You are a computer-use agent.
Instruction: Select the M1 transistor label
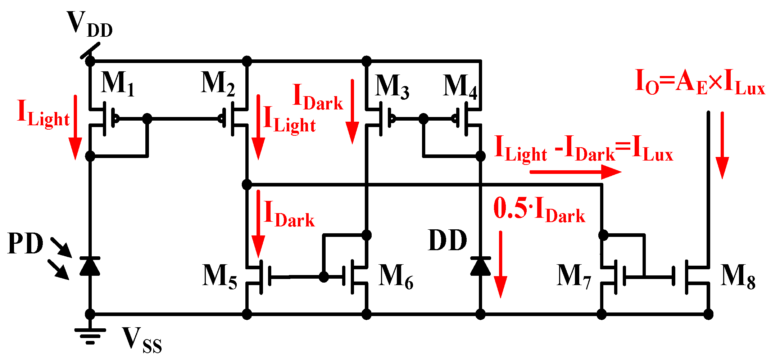[118, 84]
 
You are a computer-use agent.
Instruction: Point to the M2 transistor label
[218, 84]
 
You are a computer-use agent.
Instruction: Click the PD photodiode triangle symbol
[90, 266]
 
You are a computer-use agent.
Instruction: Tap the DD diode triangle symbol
[480, 266]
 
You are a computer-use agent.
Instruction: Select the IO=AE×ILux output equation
[700, 83]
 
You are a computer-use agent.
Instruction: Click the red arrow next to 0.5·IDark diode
[500, 265]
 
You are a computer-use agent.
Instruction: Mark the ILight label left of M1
[43, 113]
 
